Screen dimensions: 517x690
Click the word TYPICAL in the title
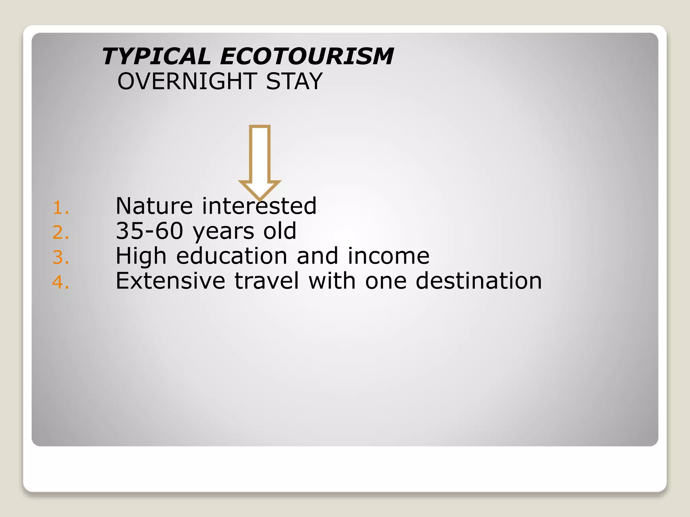(x=156, y=56)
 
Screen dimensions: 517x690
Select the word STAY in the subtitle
(x=294, y=81)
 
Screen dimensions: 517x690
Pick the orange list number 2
(x=61, y=233)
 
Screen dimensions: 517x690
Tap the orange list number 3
(x=61, y=257)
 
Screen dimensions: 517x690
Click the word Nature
(x=154, y=206)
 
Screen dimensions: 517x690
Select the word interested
(x=259, y=206)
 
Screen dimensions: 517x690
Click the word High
(x=141, y=256)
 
